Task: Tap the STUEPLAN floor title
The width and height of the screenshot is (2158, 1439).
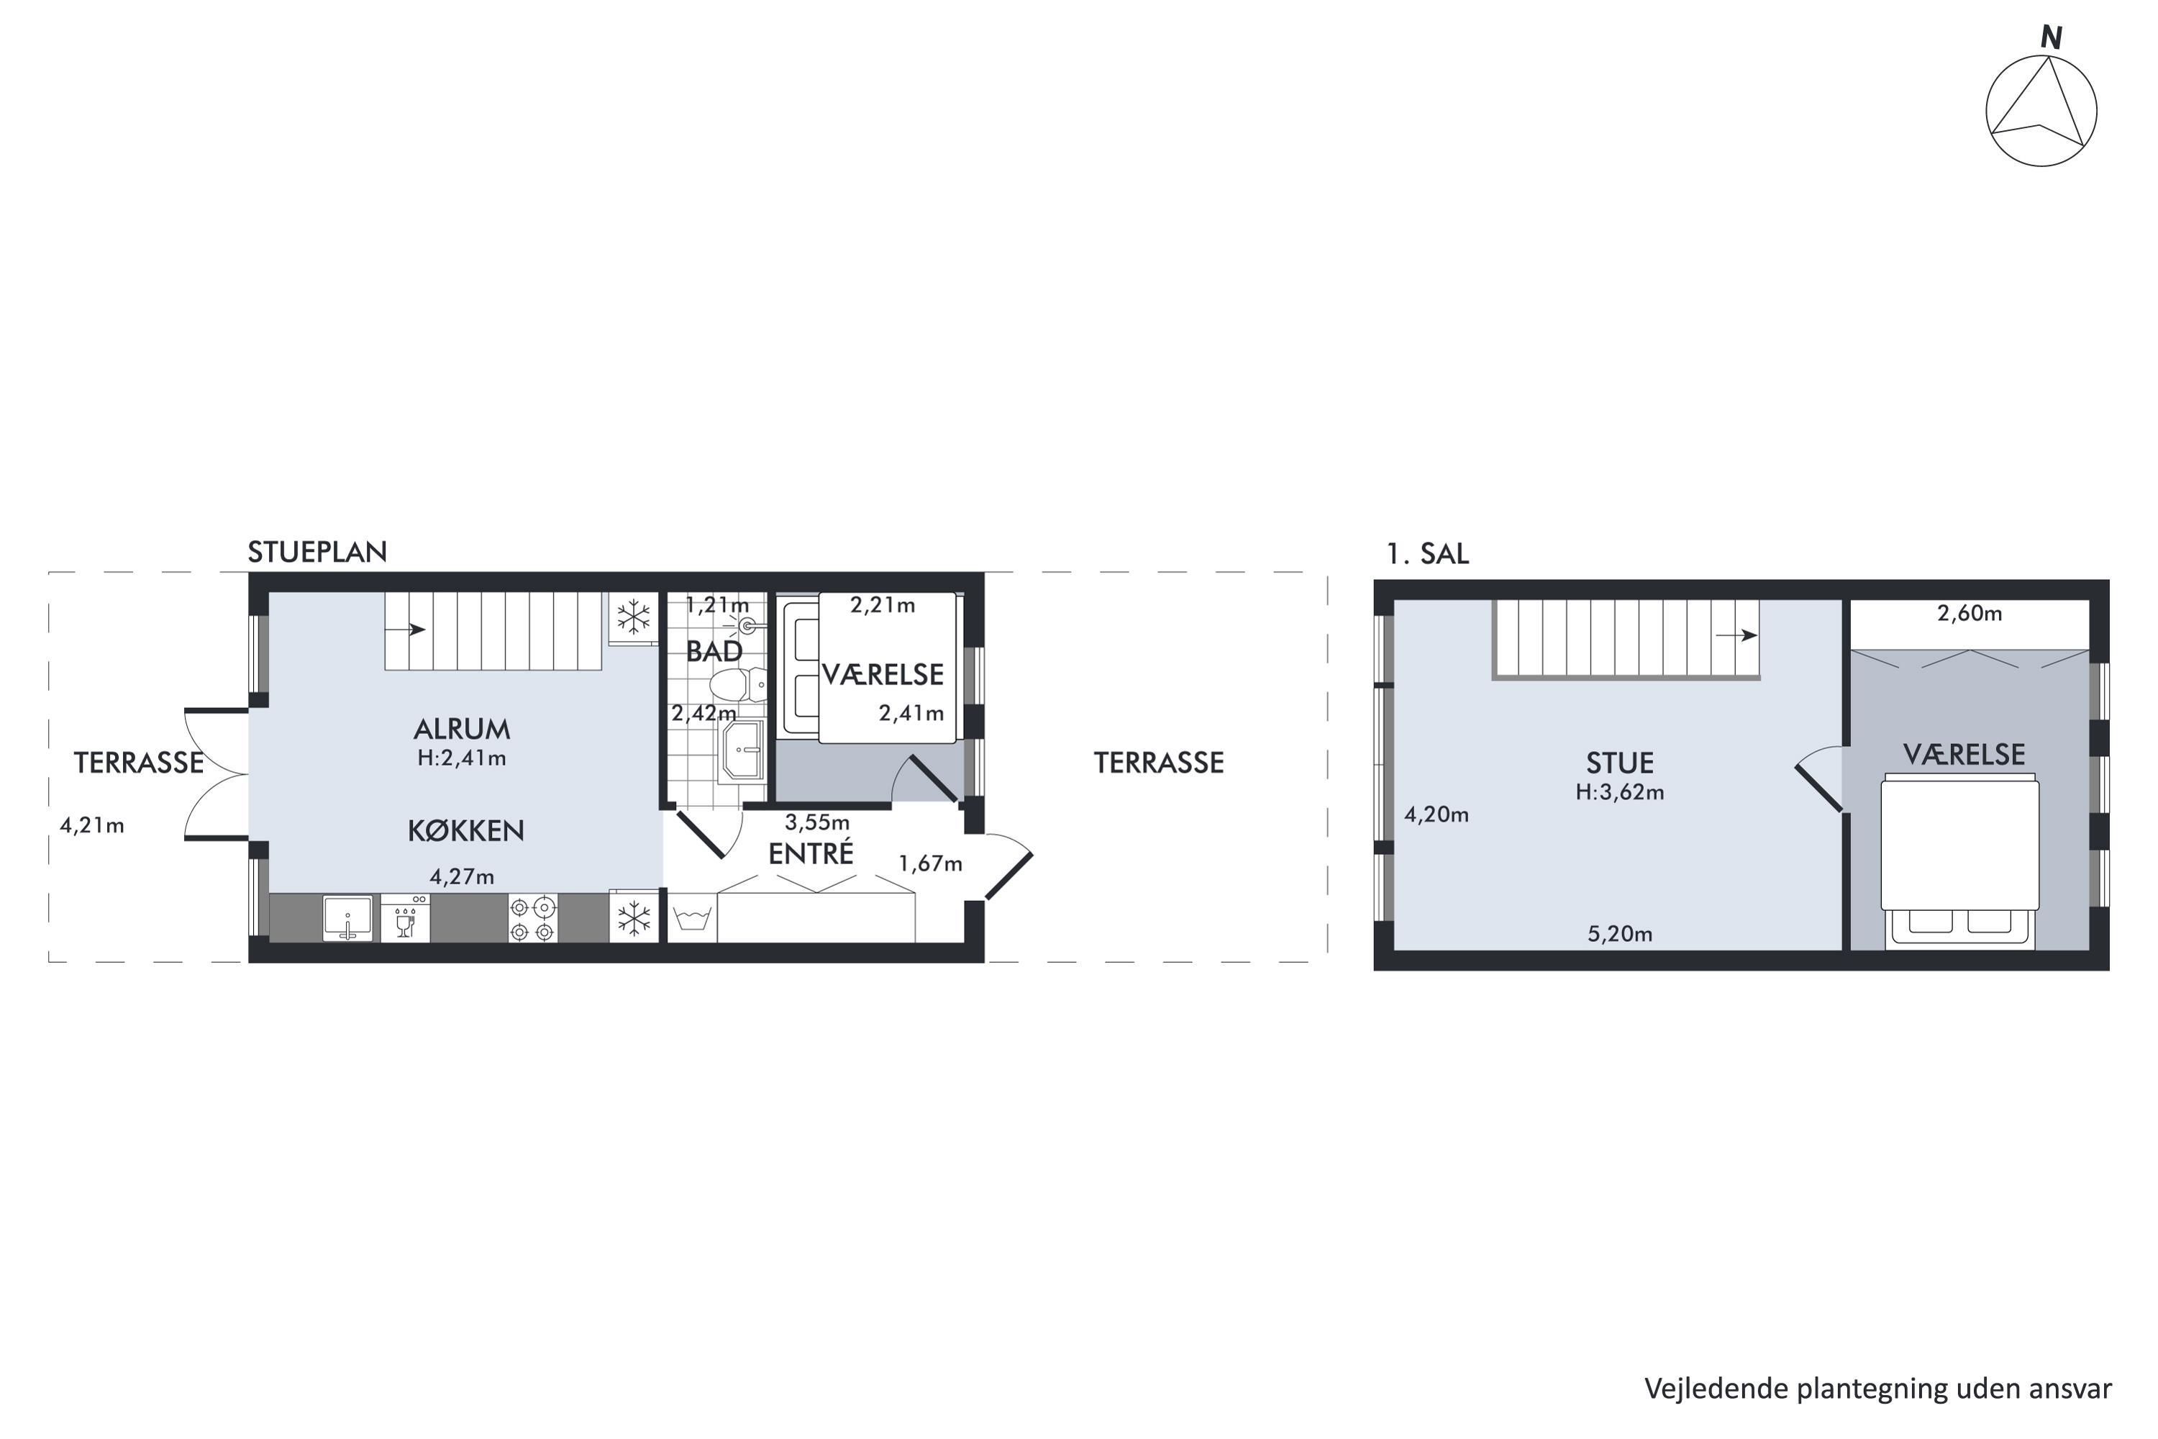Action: click(x=317, y=553)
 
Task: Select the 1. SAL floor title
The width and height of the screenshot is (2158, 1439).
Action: click(x=1428, y=554)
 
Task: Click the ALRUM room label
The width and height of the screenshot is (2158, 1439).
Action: click(x=462, y=730)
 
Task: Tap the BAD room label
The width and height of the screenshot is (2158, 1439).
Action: click(x=714, y=652)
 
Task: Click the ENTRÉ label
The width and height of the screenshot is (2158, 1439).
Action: click(x=811, y=853)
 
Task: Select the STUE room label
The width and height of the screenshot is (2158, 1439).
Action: click(x=1621, y=763)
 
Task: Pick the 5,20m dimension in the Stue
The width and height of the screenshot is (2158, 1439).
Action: click(x=1621, y=934)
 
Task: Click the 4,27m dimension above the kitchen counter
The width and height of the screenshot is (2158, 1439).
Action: click(x=462, y=877)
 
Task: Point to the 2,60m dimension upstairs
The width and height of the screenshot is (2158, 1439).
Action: click(x=1970, y=614)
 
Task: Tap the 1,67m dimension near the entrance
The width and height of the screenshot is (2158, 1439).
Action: click(x=930, y=863)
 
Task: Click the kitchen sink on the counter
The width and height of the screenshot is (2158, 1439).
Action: click(x=347, y=918)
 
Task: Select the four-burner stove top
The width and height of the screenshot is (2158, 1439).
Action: click(x=533, y=919)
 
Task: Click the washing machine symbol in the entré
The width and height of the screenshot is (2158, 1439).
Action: click(x=692, y=918)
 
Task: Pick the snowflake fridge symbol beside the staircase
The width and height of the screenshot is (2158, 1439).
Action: click(x=633, y=617)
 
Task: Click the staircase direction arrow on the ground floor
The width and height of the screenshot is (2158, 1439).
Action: click(x=404, y=630)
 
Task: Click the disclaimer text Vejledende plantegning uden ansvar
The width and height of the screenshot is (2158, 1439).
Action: click(x=1877, y=1389)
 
